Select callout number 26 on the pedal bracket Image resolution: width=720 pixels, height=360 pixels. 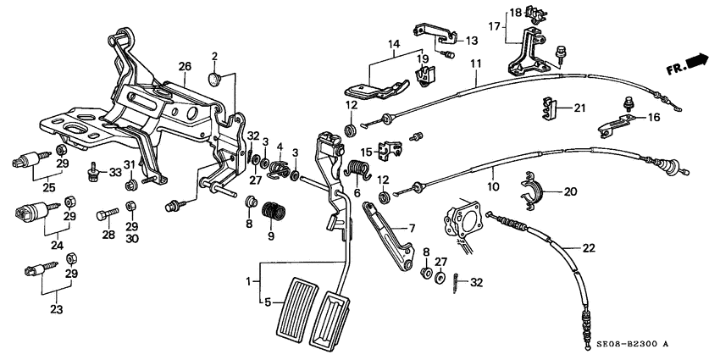[x=185, y=66]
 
